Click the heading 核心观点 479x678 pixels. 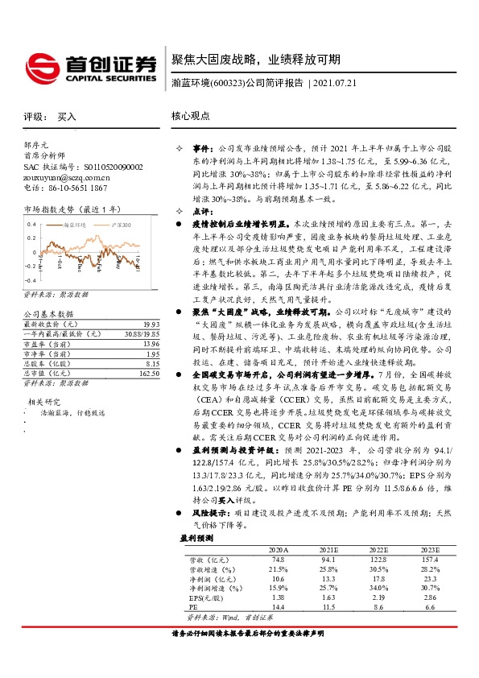click(190, 116)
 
